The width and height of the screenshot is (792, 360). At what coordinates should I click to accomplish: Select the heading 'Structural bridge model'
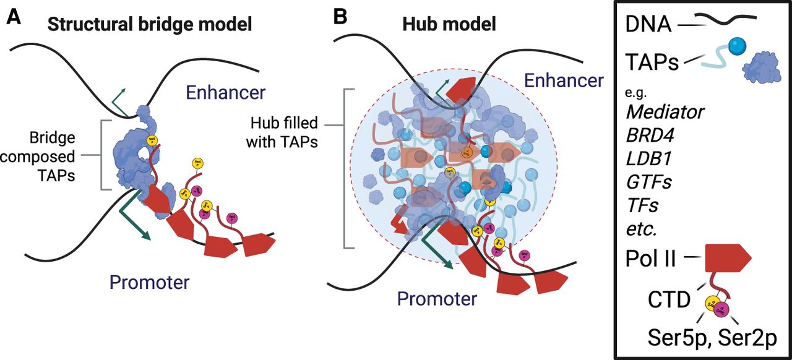pyautogui.click(x=150, y=25)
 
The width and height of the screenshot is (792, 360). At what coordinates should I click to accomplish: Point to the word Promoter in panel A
pyautogui.click(x=149, y=283)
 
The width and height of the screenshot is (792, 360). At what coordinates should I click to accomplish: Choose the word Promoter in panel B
pyautogui.click(x=437, y=299)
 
